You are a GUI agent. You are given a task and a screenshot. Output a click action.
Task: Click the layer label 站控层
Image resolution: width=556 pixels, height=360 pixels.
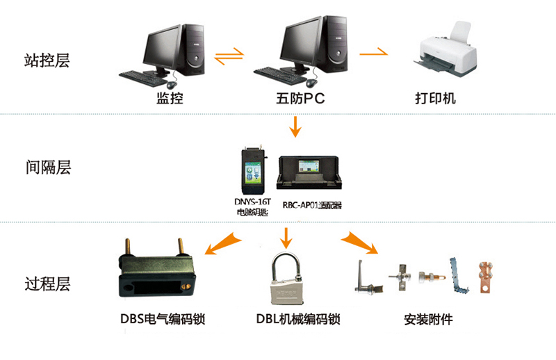[x=47, y=60]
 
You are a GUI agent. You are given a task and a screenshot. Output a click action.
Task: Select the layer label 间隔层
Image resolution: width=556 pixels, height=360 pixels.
[x=47, y=167]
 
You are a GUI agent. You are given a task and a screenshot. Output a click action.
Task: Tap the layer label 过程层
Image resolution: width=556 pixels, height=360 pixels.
[x=47, y=284]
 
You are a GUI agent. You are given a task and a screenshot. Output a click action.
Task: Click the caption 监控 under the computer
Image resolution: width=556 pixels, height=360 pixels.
[x=170, y=99]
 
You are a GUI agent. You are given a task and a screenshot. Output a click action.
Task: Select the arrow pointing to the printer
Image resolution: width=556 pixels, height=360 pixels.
[x=373, y=53]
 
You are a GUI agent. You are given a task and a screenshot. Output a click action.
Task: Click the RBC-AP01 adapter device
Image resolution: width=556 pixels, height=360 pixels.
[x=310, y=172]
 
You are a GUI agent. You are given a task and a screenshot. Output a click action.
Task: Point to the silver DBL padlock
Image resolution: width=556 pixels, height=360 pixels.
[x=286, y=282]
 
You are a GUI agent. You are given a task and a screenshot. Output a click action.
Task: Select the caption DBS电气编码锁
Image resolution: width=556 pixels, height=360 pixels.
[x=161, y=320]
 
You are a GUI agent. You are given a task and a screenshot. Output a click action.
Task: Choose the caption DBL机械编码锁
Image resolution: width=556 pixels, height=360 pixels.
[x=297, y=320]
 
